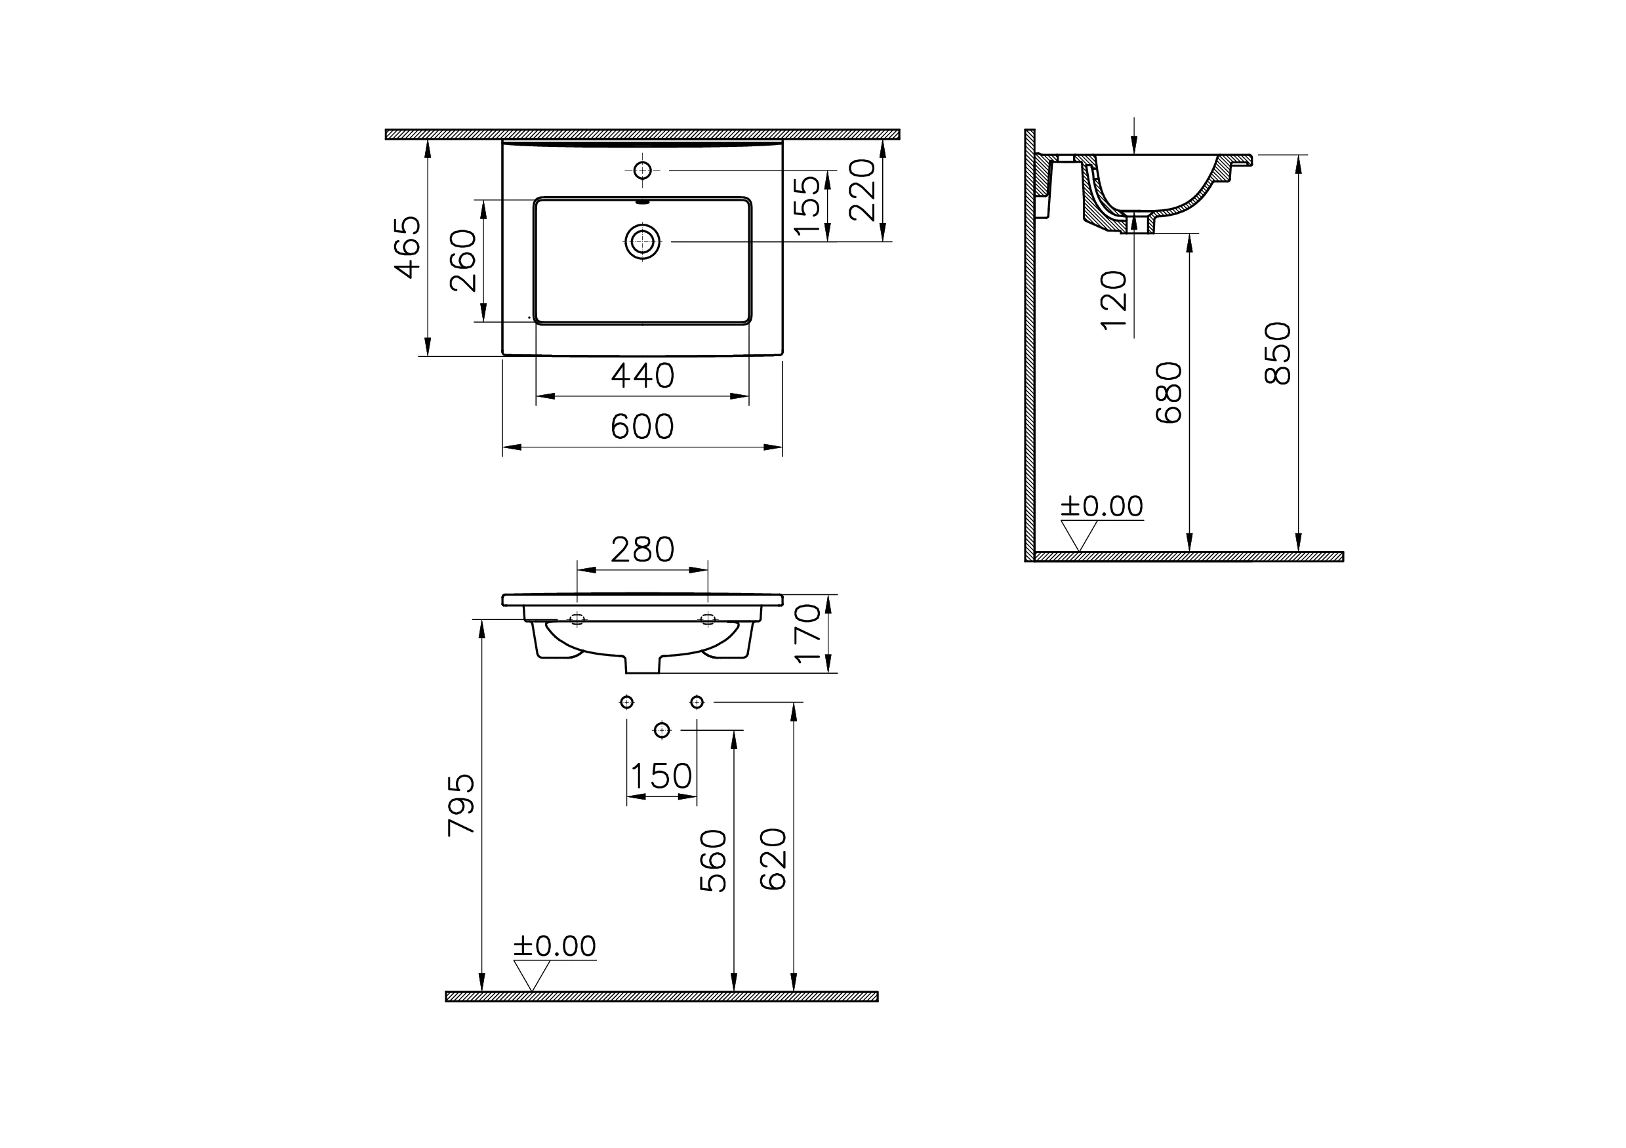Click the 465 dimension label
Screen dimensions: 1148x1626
[408, 247]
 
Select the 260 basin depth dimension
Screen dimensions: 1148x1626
[464, 260]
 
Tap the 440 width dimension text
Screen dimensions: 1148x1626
[642, 376]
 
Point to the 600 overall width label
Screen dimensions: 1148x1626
[641, 427]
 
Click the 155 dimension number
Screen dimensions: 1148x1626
[807, 205]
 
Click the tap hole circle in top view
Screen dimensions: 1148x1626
[642, 171]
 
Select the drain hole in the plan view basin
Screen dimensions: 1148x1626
[642, 242]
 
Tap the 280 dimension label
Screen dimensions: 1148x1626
[642, 550]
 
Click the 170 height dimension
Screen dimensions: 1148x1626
[808, 633]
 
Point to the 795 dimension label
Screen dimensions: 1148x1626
[462, 805]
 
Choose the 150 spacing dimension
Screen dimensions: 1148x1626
[661, 776]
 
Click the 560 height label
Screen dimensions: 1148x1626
[713, 861]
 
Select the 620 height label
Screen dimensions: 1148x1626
[773, 859]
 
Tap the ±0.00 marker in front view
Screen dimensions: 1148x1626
[554, 946]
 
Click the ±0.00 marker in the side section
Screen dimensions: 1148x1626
[1101, 506]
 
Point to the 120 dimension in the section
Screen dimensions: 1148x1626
[1114, 300]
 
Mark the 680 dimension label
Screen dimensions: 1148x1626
[1169, 393]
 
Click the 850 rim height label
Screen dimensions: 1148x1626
[1278, 354]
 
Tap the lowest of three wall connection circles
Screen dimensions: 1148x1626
[661, 729]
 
